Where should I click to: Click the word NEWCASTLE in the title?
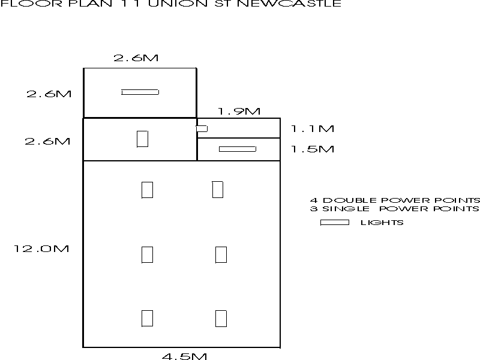(289, 4)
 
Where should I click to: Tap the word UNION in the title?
(178, 4)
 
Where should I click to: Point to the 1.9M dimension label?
(239, 111)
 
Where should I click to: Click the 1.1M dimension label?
(312, 128)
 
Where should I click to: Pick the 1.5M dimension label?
(312, 149)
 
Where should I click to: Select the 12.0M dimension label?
(41, 248)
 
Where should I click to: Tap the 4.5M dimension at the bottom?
(184, 356)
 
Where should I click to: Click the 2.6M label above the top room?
(136, 58)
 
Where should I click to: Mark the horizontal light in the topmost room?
(140, 92)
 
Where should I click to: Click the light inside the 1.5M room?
(238, 149)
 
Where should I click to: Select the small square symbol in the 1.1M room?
(202, 128)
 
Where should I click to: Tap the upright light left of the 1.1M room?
(142, 139)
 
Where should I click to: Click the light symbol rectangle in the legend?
(335, 223)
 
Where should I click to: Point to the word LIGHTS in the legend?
(382, 223)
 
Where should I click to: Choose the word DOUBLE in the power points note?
(350, 200)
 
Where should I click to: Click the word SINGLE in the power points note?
(346, 209)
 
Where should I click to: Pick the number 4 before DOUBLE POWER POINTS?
(314, 200)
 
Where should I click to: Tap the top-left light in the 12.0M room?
(147, 190)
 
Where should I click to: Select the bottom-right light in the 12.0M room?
(221, 319)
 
